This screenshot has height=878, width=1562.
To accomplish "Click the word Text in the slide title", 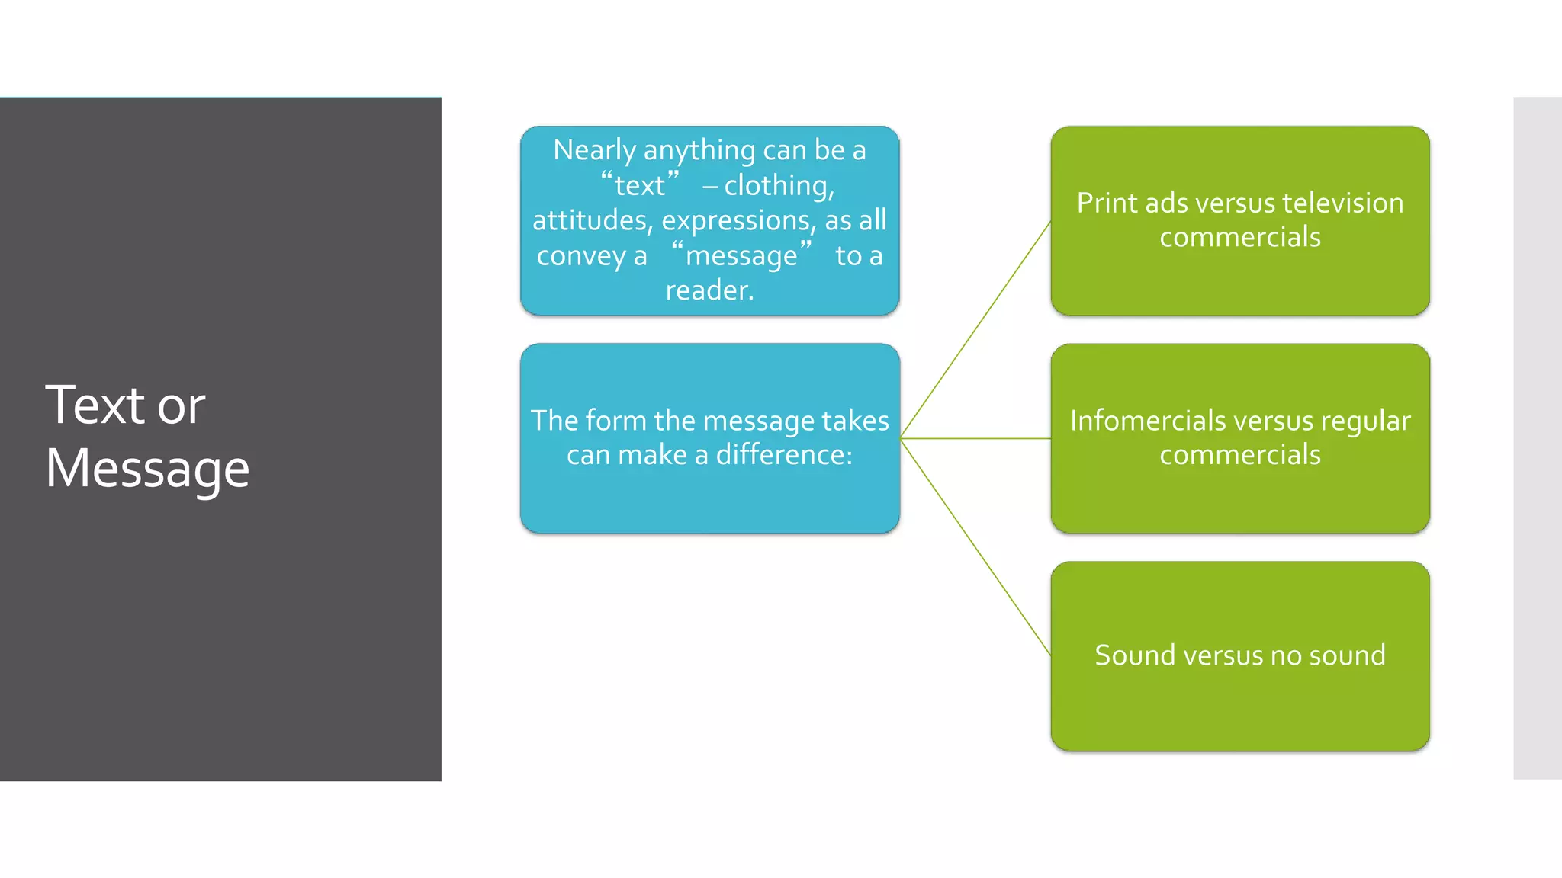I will [95, 405].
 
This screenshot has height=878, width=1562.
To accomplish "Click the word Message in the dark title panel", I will [147, 469].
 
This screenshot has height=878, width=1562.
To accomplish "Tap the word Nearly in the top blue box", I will [593, 150].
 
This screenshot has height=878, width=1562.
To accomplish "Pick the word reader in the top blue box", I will [709, 290].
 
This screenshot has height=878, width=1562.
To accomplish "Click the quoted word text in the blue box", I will [639, 185].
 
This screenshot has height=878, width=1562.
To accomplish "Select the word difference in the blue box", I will [783, 455].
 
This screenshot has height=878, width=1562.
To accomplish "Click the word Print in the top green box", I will [1106, 203].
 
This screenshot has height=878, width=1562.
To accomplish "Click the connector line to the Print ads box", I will [975, 330].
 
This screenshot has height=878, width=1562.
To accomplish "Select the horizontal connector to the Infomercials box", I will [975, 438].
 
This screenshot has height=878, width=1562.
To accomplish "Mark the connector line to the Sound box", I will [975, 546].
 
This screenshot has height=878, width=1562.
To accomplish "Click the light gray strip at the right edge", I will [1537, 438].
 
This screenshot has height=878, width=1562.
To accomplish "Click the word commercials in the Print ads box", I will [1239, 238].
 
